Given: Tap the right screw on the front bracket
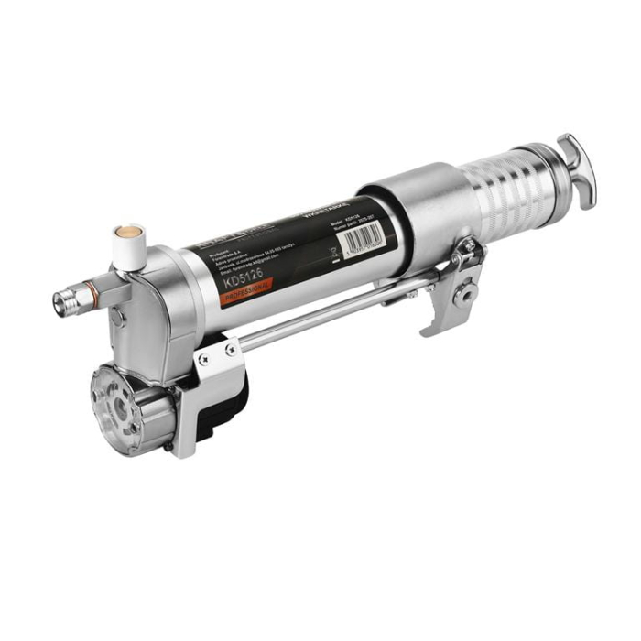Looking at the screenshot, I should click(x=231, y=348).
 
